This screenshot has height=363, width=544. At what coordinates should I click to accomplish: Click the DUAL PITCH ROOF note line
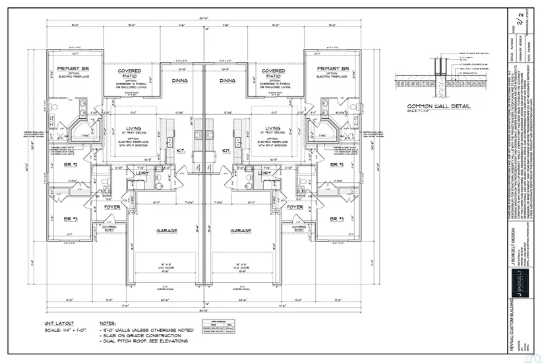144,341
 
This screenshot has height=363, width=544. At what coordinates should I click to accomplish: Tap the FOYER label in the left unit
111,207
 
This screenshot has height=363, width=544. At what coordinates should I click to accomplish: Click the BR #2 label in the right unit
337,164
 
